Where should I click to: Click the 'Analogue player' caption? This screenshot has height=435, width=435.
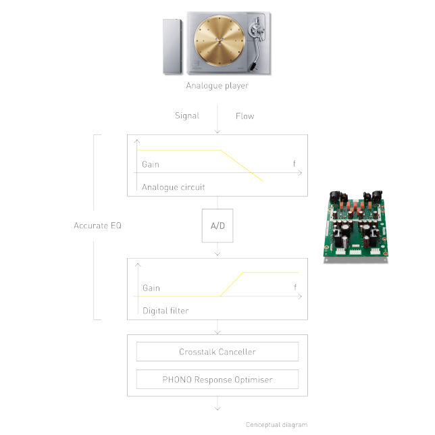click(x=217, y=86)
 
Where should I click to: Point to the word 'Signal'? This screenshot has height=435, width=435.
click(x=187, y=116)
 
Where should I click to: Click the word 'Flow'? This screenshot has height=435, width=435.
click(x=245, y=116)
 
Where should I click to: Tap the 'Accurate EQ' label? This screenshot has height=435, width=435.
click(x=98, y=226)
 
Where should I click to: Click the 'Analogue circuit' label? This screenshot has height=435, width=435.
click(x=174, y=187)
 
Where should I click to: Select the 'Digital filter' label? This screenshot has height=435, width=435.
click(x=165, y=311)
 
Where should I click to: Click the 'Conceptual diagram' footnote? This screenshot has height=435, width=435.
click(x=276, y=425)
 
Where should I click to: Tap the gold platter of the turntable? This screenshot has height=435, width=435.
click(x=219, y=41)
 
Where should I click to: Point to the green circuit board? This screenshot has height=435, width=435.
click(x=356, y=227)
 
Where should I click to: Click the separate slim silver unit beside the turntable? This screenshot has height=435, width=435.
click(x=172, y=47)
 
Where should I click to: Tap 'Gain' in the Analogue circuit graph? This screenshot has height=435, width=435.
click(x=151, y=165)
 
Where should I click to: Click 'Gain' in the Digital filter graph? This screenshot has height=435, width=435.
click(x=151, y=288)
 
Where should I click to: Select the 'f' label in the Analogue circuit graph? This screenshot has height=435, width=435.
click(x=295, y=163)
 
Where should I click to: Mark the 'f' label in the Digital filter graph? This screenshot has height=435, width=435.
click(x=295, y=287)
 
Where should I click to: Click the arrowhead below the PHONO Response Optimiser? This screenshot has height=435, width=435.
click(x=217, y=409)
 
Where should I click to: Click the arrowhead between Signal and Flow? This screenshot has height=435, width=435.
click(x=217, y=132)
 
